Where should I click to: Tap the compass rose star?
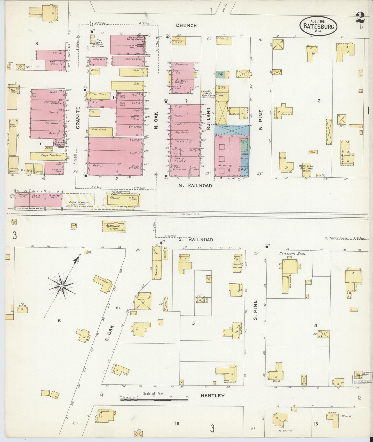pyautogui.click(x=62, y=286)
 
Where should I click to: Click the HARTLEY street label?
pyautogui.click(x=213, y=396)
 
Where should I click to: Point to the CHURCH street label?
pyautogui.click(x=186, y=26)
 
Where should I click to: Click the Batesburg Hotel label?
pyautogui.click(x=292, y=254)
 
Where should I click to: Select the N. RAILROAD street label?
pyautogui.click(x=195, y=185)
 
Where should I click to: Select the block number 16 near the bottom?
pyautogui.click(x=177, y=423)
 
